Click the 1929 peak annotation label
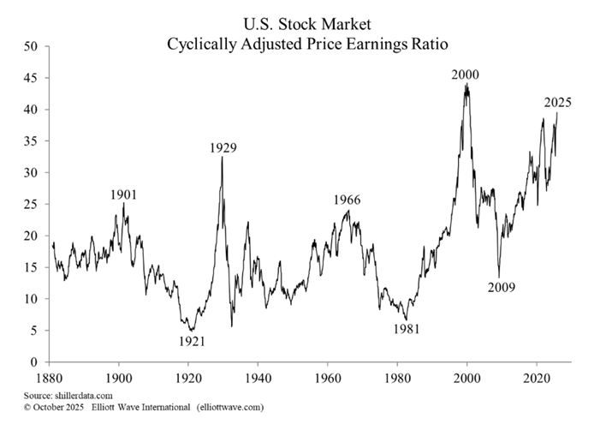[223, 147]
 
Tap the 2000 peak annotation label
[466, 75]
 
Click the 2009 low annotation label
[501, 287]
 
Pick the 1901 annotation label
[124, 194]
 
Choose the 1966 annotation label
[347, 200]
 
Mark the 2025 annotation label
[557, 103]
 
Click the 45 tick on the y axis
[30, 78]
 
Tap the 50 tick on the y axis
[30, 46]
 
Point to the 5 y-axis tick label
[33, 331]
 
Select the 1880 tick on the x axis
[50, 378]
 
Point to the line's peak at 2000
[466, 84]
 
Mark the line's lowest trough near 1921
[191, 331]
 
